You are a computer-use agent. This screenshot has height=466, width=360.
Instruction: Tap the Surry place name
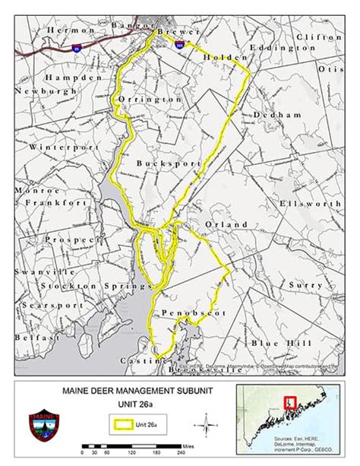click(x=302, y=284)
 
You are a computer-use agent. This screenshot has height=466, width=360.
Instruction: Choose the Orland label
click(x=226, y=225)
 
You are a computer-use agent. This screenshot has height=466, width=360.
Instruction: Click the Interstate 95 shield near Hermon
click(x=75, y=48)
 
